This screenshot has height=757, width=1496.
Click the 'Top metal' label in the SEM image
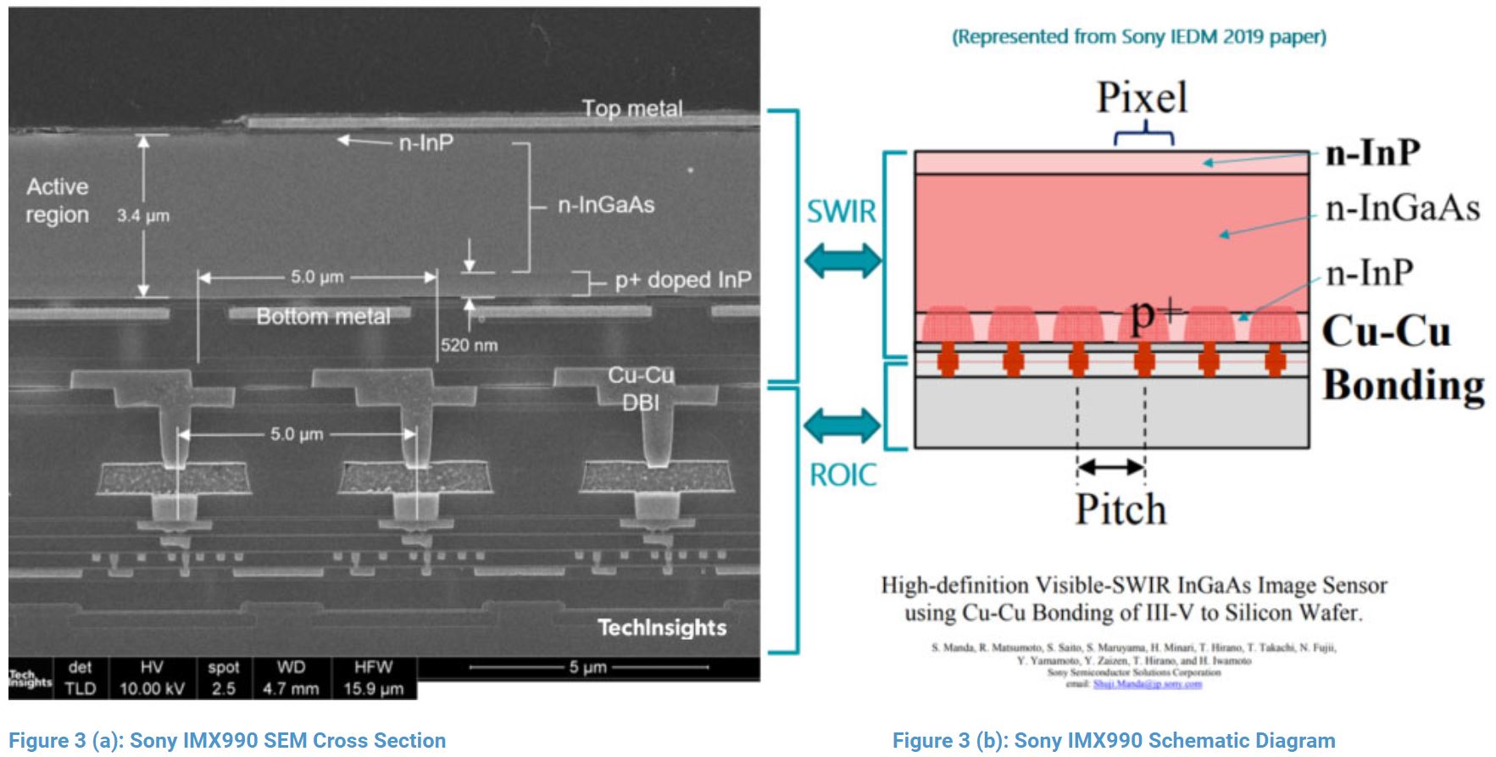tap(631, 109)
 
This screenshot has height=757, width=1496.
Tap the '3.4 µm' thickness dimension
tap(143, 215)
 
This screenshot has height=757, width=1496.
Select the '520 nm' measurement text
tap(469, 345)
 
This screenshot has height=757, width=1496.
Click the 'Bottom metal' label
tap(323, 316)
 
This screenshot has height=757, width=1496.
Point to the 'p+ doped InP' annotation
tap(682, 280)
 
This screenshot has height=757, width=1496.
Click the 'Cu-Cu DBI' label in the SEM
tap(641, 388)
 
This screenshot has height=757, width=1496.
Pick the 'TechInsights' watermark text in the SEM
tap(661, 627)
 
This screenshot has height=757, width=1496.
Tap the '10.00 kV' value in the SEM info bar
tap(152, 688)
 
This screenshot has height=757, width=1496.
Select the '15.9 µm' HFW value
tap(373, 688)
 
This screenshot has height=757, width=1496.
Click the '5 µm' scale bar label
tap(587, 667)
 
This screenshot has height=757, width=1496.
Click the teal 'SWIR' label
tap(841, 211)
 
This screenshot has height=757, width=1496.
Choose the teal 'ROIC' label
tap(843, 475)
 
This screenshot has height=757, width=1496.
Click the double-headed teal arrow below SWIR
tap(843, 260)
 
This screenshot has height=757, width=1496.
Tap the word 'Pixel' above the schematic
tap(1142, 97)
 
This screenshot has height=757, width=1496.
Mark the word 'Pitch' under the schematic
tap(1121, 509)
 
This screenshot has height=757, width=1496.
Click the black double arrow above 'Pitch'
tap(1111, 467)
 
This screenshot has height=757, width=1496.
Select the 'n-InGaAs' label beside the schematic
tap(1403, 208)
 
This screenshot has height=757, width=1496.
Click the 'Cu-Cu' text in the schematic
tap(1386, 331)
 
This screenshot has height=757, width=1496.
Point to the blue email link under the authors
tap(1147, 684)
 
